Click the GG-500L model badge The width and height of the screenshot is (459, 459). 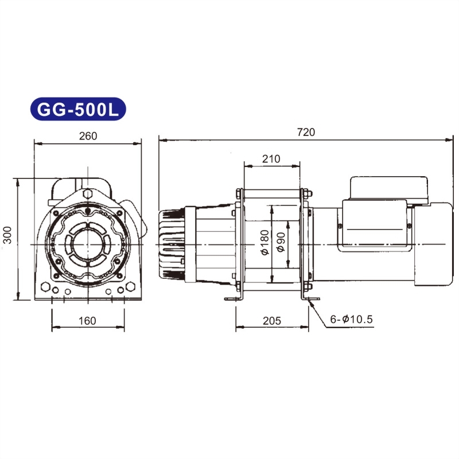(77, 108)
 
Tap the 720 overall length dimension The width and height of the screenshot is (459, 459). (306, 133)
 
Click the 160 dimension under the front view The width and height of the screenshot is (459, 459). (87, 321)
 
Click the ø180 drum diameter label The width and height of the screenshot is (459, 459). (265, 244)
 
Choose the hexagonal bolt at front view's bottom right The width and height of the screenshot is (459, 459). (130, 286)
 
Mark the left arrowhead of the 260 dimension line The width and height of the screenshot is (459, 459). (36, 143)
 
